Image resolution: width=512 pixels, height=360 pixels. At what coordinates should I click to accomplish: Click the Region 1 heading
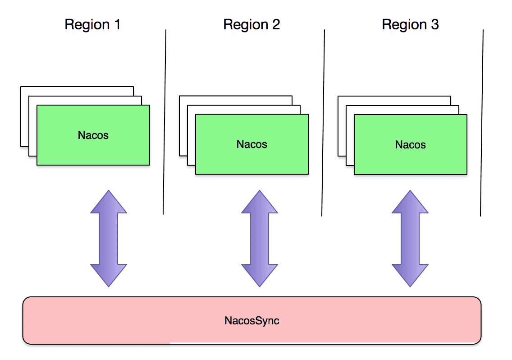point(93,25)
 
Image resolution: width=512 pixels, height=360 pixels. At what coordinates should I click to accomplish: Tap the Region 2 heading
point(251,25)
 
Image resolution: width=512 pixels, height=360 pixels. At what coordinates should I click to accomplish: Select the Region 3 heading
point(410,25)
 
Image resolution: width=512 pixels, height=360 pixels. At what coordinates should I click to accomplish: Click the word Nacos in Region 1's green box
point(93,135)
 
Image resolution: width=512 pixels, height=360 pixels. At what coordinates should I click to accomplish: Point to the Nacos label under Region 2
point(252,144)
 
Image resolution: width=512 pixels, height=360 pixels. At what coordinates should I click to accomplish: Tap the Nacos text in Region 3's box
point(411,144)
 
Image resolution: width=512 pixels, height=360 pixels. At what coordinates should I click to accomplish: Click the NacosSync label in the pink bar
point(252,320)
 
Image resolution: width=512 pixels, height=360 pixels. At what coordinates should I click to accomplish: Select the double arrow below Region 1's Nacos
point(109,239)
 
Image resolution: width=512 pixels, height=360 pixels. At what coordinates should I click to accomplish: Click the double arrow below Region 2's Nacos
point(260,239)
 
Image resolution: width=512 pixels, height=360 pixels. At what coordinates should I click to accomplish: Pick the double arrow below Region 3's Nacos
point(410,239)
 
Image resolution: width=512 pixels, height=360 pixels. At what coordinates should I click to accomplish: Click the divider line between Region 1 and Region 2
point(165,122)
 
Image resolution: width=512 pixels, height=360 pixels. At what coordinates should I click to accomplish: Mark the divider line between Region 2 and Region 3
point(323,123)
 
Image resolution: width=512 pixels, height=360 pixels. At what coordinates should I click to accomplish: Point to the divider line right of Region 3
point(482,123)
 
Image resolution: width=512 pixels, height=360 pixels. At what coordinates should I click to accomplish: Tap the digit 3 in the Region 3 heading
point(435,24)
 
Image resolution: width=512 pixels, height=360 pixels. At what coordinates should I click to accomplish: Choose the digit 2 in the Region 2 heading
point(276,24)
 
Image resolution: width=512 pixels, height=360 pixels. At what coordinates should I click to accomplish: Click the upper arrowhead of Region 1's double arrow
point(109,202)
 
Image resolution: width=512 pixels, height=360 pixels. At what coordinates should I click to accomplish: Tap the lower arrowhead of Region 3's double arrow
point(410,275)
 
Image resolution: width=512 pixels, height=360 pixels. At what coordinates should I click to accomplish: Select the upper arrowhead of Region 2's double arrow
point(260,202)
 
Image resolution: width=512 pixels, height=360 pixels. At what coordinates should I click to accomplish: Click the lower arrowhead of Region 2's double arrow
point(260,275)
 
